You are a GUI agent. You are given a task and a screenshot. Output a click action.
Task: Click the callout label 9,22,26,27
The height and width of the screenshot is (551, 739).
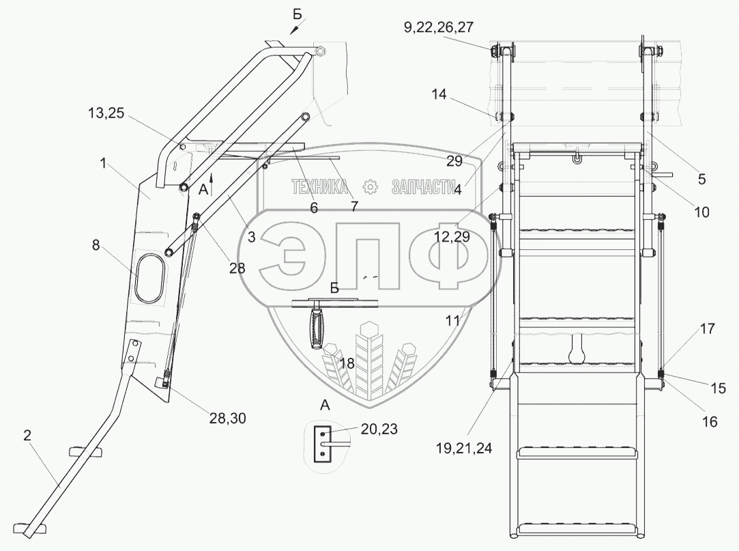coord(438,28)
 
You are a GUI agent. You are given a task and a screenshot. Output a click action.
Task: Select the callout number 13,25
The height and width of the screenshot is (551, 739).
coord(106,113)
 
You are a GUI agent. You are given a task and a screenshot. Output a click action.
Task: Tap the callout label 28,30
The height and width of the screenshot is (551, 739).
coord(227,418)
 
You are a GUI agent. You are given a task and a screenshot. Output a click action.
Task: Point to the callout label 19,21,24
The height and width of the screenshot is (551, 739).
coord(464,448)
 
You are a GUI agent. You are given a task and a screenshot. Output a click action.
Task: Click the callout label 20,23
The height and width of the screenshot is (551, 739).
coord(379,429)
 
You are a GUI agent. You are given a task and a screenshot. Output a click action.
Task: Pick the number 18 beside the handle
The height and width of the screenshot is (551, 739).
coord(347,363)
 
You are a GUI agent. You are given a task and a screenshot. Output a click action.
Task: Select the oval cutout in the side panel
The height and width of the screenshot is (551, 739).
coord(150,278)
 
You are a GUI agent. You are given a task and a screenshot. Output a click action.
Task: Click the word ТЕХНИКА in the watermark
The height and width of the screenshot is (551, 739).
coord(320,187)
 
